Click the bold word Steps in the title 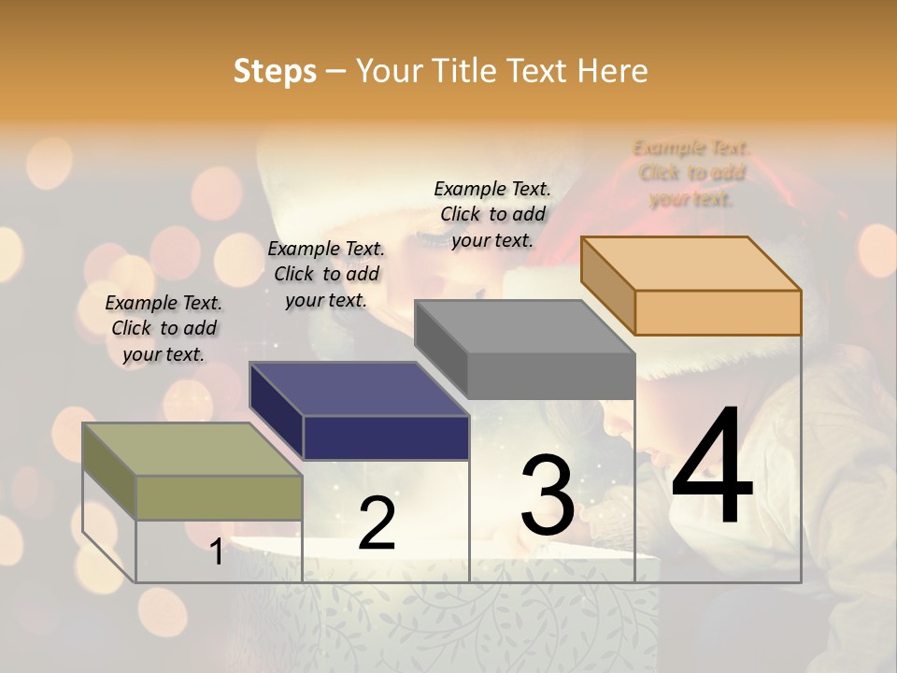coord(274,71)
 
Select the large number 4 coord(712,467)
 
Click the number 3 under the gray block coord(548,495)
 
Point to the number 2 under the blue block coord(377,523)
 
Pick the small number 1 coord(216,552)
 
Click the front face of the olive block coord(219,497)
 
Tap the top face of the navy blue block coord(359,388)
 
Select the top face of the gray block coord(524,327)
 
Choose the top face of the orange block coord(691,263)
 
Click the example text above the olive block coord(164,328)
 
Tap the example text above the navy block coord(326,274)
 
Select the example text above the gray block coord(492,214)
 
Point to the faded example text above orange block coord(691,173)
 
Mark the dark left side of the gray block coord(440,347)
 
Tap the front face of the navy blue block coord(386,437)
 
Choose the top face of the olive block coord(192,449)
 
